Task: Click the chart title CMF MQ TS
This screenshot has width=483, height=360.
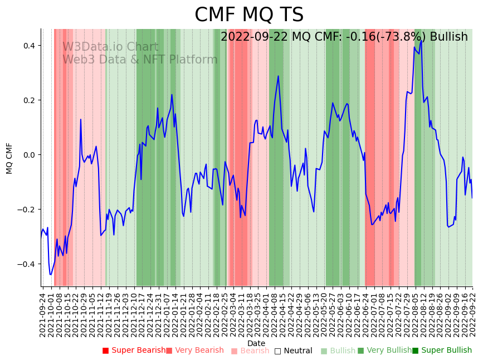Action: [249, 15]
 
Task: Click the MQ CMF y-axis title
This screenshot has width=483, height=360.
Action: [9, 158]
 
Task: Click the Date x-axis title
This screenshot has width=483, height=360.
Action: [256, 343]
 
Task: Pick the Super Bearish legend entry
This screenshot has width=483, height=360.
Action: [134, 351]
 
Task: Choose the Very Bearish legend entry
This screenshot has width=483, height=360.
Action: [194, 351]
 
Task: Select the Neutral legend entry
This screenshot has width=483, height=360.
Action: [294, 351]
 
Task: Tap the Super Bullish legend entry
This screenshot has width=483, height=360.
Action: [442, 351]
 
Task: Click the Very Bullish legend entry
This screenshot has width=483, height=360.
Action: [385, 351]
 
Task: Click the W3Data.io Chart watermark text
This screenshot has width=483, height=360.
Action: [110, 47]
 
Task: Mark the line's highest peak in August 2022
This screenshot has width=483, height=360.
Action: [422, 38]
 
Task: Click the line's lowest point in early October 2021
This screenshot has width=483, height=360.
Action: [50, 274]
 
